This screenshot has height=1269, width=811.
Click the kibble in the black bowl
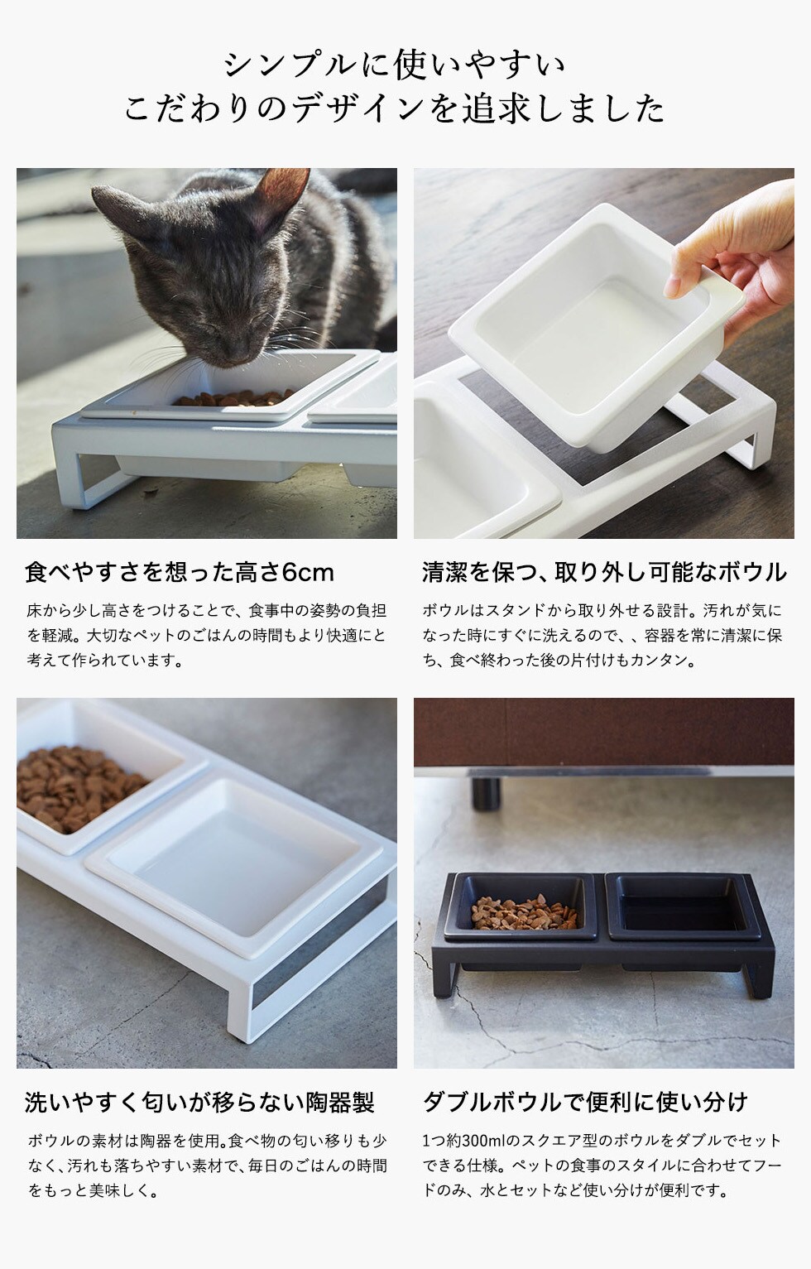(523, 912)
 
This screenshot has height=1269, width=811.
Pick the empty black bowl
(683, 907)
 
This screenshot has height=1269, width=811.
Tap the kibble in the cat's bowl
(233, 397)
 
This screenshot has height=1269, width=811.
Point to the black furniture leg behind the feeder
(487, 792)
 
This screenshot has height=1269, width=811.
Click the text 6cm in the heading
(308, 573)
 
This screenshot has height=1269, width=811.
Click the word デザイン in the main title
(360, 108)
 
